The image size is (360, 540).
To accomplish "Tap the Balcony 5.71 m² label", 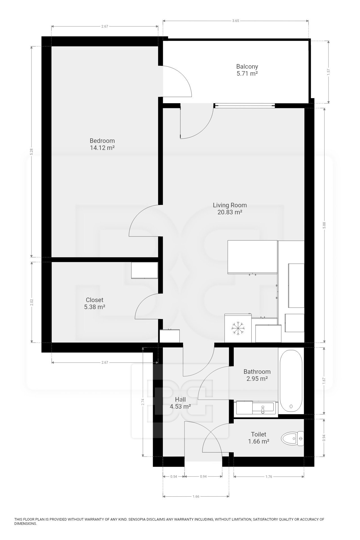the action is pyautogui.click(x=247, y=70).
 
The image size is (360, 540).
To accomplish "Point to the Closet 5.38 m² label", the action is pyautogui.click(x=94, y=303).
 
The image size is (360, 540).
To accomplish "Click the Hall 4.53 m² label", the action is pyautogui.click(x=180, y=403).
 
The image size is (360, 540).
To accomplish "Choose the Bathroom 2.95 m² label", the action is pyautogui.click(x=257, y=375).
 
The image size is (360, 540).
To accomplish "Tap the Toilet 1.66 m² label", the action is pyautogui.click(x=259, y=438).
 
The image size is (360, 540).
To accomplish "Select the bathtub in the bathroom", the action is pyautogui.click(x=291, y=380).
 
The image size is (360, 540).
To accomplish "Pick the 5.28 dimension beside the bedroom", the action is pyautogui.click(x=31, y=152).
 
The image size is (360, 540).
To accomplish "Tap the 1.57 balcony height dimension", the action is pyautogui.click(x=328, y=72).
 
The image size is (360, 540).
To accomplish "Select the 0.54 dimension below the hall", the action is pyautogui.click(x=174, y=476).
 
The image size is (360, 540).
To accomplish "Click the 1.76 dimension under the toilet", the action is pyautogui.click(x=269, y=476).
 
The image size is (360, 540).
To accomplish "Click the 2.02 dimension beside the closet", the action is pyautogui.click(x=31, y=302).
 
